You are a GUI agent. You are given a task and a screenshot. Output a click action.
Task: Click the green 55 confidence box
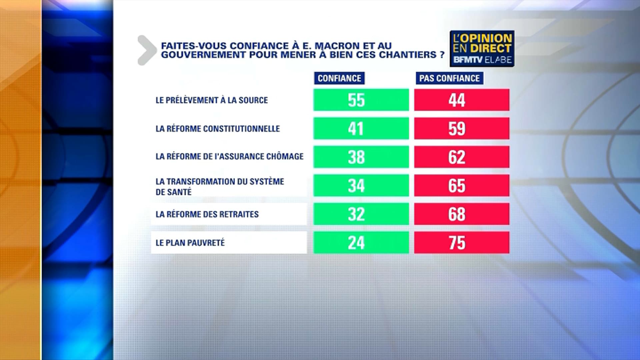(361, 100)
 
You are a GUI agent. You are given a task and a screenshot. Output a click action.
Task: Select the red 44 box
(462, 100)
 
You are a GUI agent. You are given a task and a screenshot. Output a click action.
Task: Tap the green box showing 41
(361, 128)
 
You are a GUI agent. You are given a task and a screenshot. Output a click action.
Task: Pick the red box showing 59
(462, 128)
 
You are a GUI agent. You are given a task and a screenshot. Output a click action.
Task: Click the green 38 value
(361, 157)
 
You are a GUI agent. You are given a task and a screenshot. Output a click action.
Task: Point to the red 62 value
(462, 157)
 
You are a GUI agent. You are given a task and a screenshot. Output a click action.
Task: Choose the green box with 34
(361, 185)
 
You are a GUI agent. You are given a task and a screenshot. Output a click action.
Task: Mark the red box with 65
(462, 185)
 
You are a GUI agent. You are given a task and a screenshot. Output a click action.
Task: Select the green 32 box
(361, 214)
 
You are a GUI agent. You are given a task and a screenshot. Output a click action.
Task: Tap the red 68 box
(462, 214)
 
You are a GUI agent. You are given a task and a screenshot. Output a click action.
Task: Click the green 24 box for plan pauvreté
(361, 243)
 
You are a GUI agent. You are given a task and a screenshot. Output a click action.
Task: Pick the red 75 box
(462, 243)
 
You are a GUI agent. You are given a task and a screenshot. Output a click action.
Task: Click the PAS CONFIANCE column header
(449, 78)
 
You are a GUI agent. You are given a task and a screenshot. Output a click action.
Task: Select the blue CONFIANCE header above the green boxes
(339, 78)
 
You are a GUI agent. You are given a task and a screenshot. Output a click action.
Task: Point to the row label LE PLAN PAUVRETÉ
(190, 243)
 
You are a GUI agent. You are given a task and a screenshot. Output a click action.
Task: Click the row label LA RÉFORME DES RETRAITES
(207, 214)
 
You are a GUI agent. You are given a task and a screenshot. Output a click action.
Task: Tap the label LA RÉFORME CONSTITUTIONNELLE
(218, 129)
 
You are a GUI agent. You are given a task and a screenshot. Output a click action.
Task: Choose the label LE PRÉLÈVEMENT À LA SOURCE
(212, 100)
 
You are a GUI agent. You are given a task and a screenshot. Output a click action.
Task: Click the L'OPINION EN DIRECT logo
(482, 49)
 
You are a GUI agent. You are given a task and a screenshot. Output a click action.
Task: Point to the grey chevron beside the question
(147, 50)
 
